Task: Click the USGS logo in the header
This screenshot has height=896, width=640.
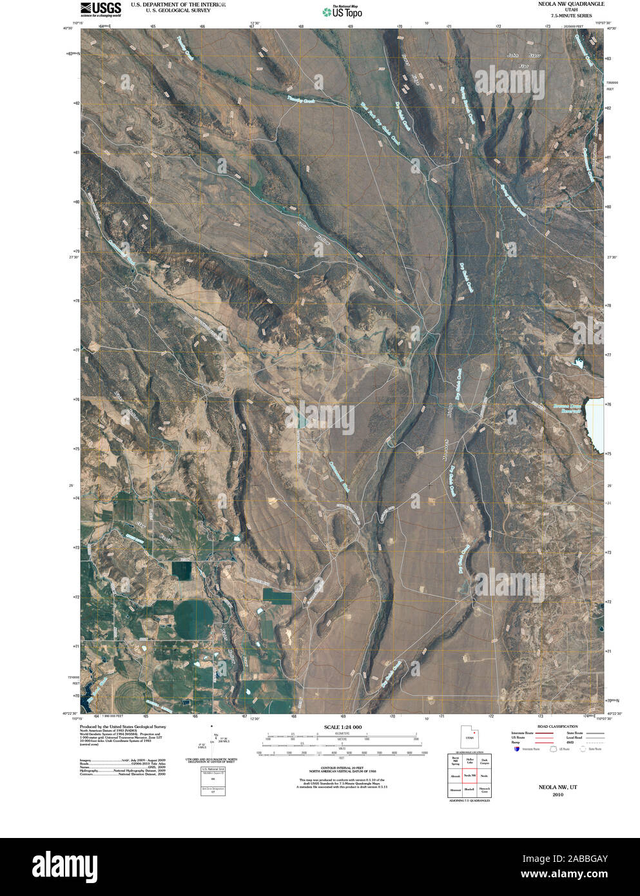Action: point(101,8)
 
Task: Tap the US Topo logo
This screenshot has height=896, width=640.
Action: point(342,11)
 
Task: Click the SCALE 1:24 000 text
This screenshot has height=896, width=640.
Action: point(342,727)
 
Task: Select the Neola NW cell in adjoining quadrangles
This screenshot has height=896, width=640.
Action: point(469,775)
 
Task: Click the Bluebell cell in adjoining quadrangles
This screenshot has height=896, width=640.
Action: point(469,789)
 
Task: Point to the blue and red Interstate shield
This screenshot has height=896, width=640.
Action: point(517,748)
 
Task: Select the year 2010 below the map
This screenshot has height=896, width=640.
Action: point(558,794)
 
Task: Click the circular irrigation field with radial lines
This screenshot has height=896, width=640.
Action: point(131,694)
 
